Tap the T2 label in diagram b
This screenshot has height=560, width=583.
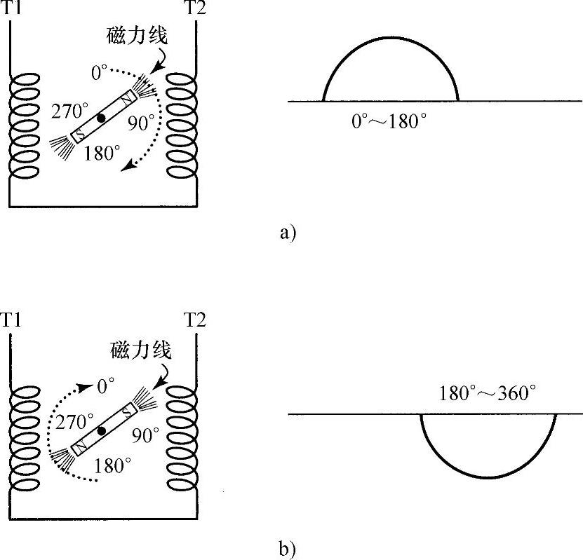(x=195, y=320)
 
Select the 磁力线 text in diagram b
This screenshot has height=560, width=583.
(x=140, y=348)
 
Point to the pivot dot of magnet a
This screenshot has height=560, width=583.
(x=102, y=119)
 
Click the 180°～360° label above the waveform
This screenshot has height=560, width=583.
(x=488, y=392)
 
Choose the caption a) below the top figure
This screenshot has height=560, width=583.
(x=288, y=233)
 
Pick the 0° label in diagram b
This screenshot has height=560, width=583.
(x=106, y=385)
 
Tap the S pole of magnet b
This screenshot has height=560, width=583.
(x=127, y=411)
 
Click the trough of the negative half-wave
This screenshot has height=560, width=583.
(x=488, y=477)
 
